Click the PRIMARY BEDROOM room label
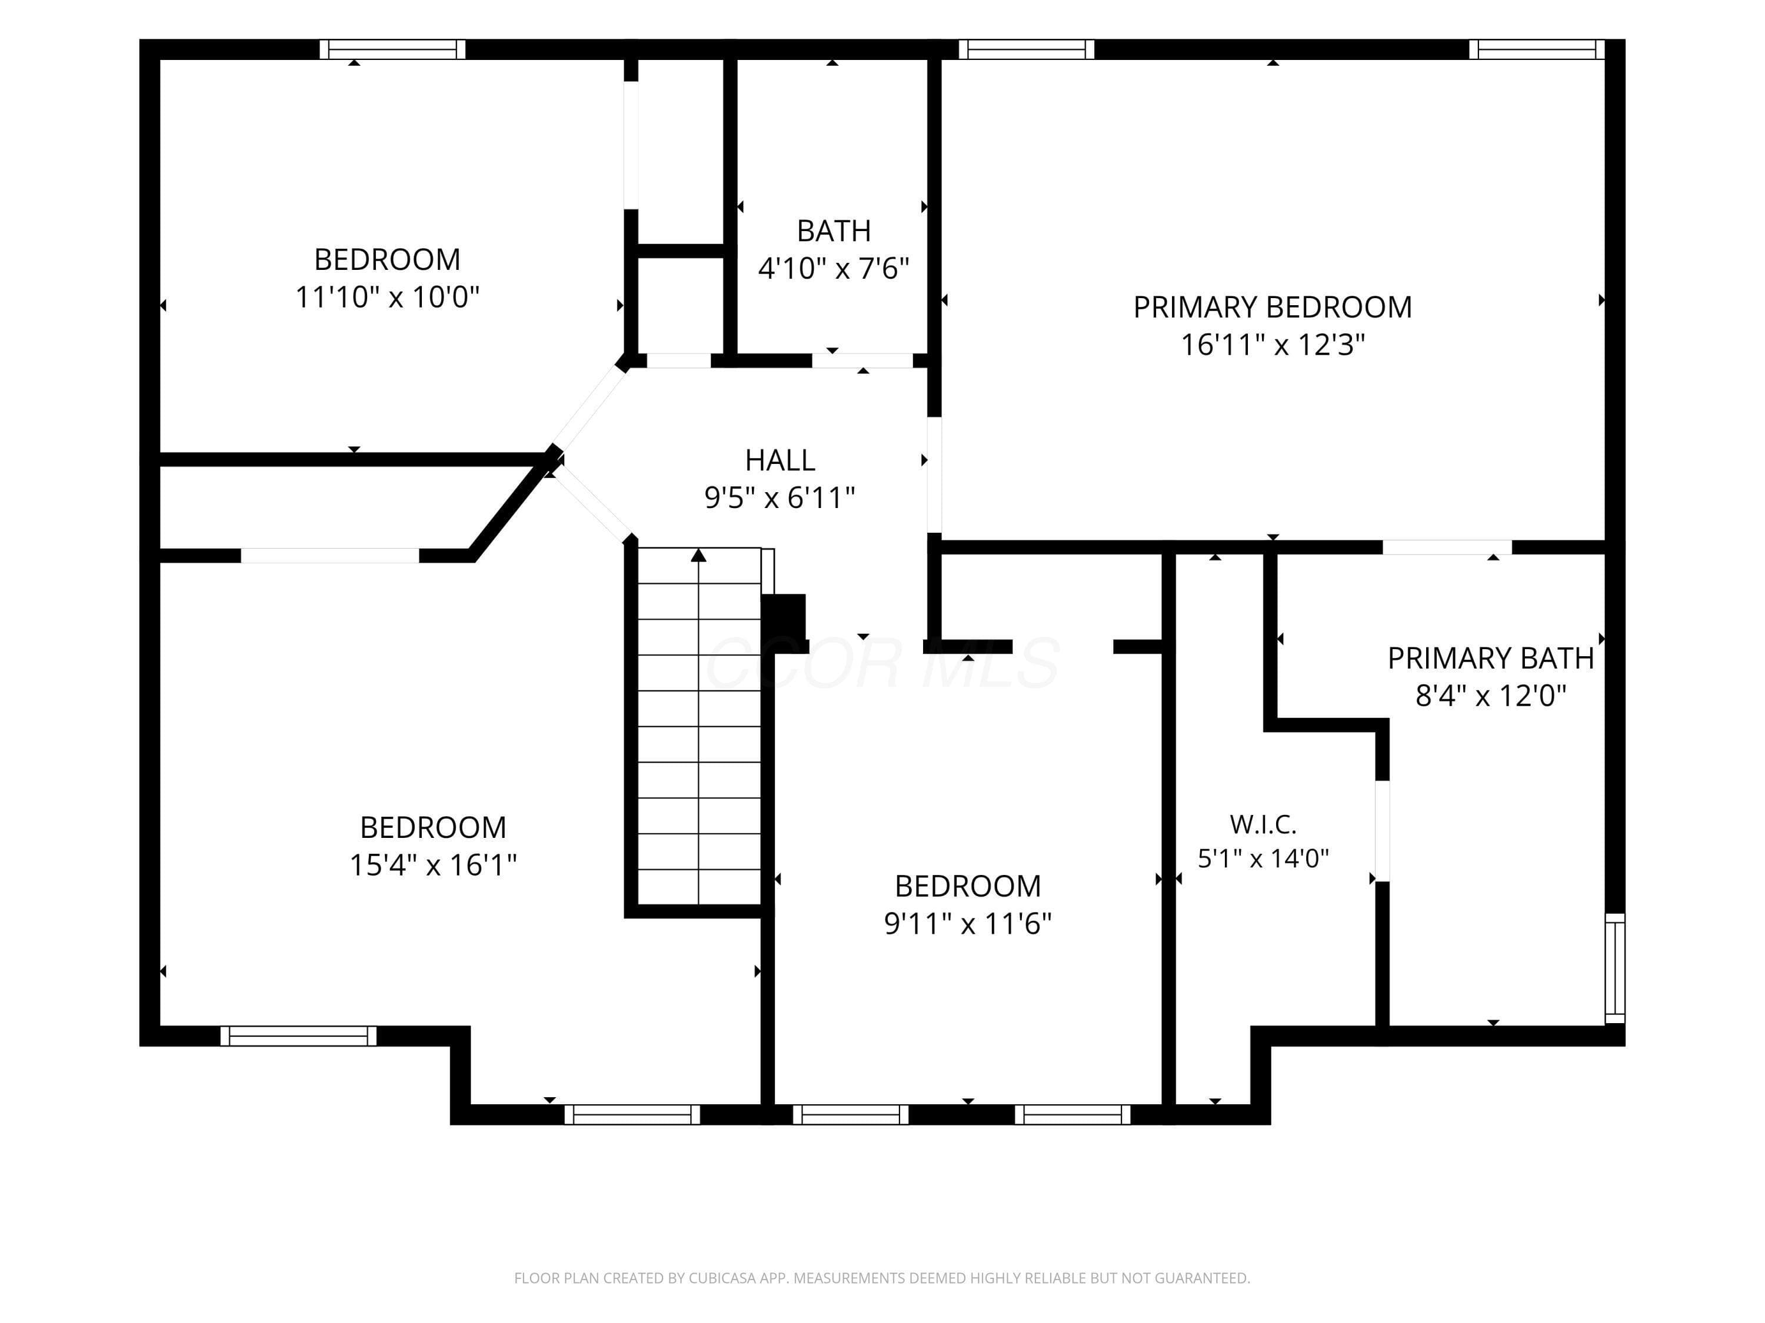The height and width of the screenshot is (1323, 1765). (1272, 307)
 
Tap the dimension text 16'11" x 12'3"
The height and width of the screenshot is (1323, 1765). (1273, 345)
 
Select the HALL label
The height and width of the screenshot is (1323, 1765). (780, 460)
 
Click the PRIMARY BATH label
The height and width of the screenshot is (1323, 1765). (1490, 659)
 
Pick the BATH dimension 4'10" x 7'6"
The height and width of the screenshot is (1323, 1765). (833, 268)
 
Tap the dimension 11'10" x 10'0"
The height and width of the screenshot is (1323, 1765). (387, 297)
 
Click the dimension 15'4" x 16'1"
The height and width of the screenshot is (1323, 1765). (433, 864)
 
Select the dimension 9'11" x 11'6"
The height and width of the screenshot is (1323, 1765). (968, 924)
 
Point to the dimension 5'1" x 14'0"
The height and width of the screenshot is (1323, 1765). (1263, 858)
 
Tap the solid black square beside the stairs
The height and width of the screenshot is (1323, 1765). (784, 624)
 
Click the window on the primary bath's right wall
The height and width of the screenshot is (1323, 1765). (1615, 968)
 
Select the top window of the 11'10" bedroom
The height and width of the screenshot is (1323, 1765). (392, 49)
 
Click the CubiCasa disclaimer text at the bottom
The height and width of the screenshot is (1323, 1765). (882, 1278)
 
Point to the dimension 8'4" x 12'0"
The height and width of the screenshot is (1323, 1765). (1490, 696)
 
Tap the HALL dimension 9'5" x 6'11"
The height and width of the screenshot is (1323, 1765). (780, 497)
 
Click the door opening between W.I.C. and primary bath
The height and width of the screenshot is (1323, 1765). (1383, 830)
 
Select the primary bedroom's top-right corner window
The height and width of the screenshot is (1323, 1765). (1537, 49)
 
